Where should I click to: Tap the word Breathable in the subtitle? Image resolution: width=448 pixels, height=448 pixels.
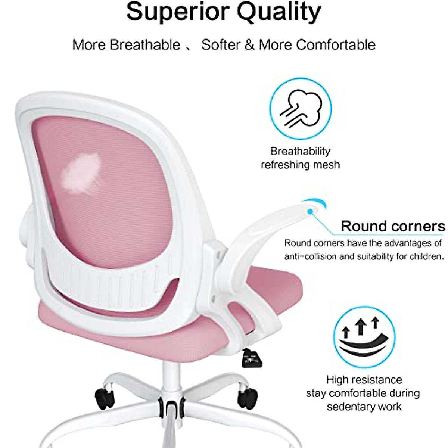click(x=145, y=45)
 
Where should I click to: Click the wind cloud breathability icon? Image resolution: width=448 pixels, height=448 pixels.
click(x=301, y=108)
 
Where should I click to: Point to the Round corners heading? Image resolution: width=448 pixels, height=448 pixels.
click(x=393, y=226)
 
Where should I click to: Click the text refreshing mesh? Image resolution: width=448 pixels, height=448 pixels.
click(x=301, y=165)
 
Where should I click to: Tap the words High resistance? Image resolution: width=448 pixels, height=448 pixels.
click(x=364, y=380)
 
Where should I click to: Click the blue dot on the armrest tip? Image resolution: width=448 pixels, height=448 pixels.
click(x=309, y=211)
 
